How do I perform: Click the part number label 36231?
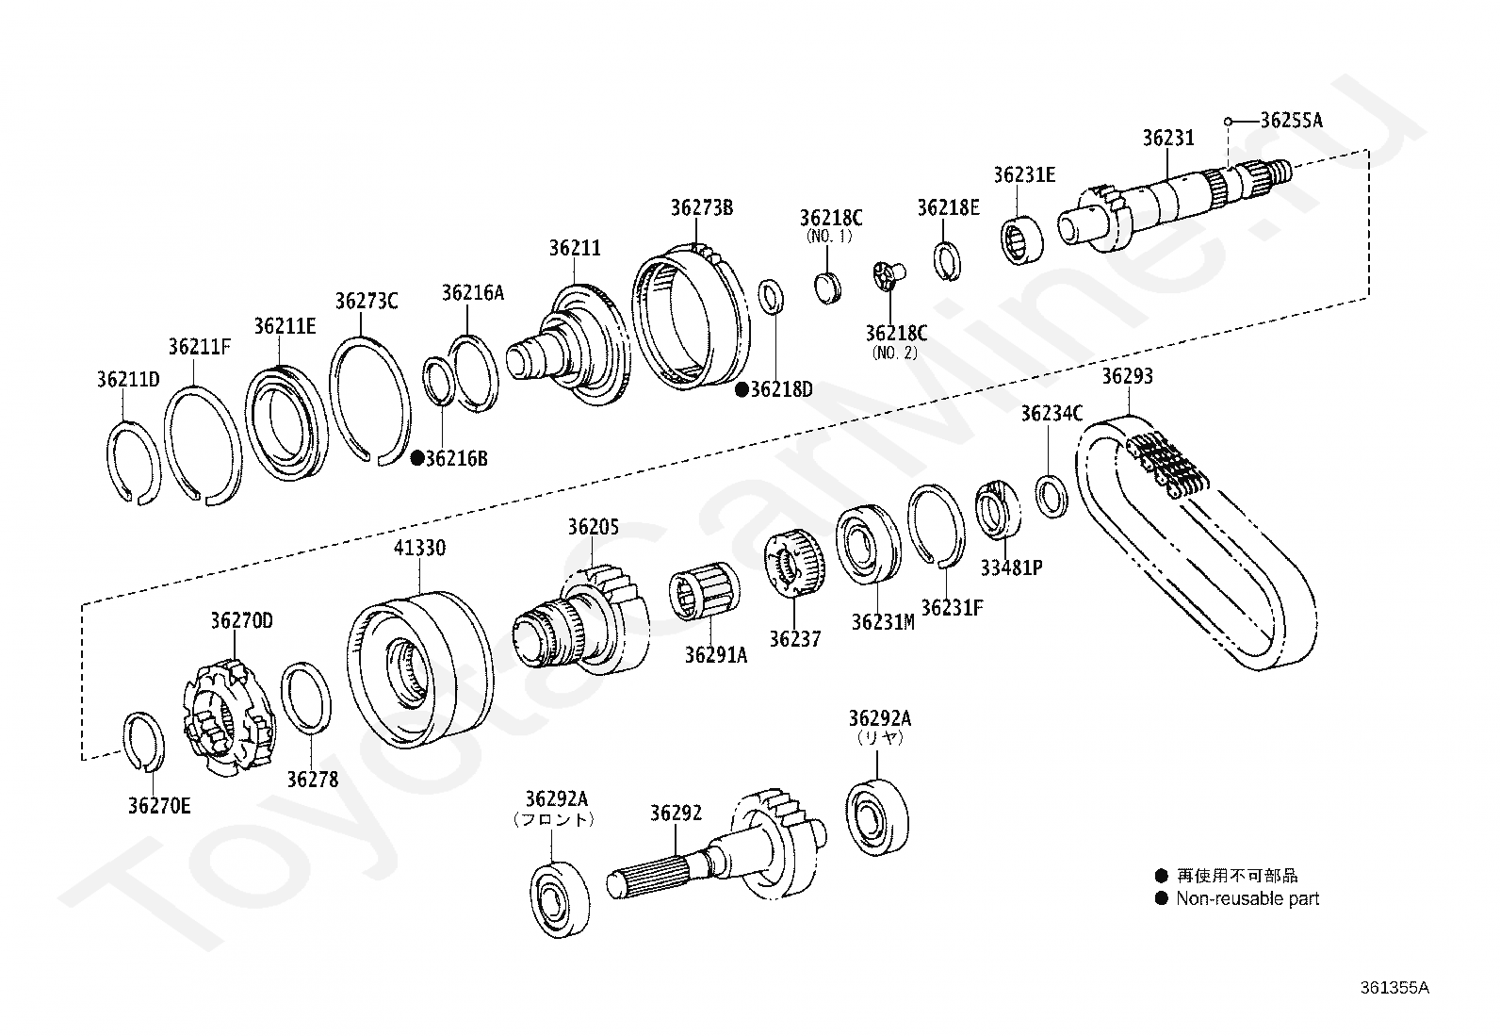[1167, 139]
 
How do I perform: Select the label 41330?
[419, 548]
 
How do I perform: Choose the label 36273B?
[701, 207]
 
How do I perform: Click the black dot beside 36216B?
[416, 458]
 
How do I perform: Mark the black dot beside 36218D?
[742, 388]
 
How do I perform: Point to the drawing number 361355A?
[1394, 988]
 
